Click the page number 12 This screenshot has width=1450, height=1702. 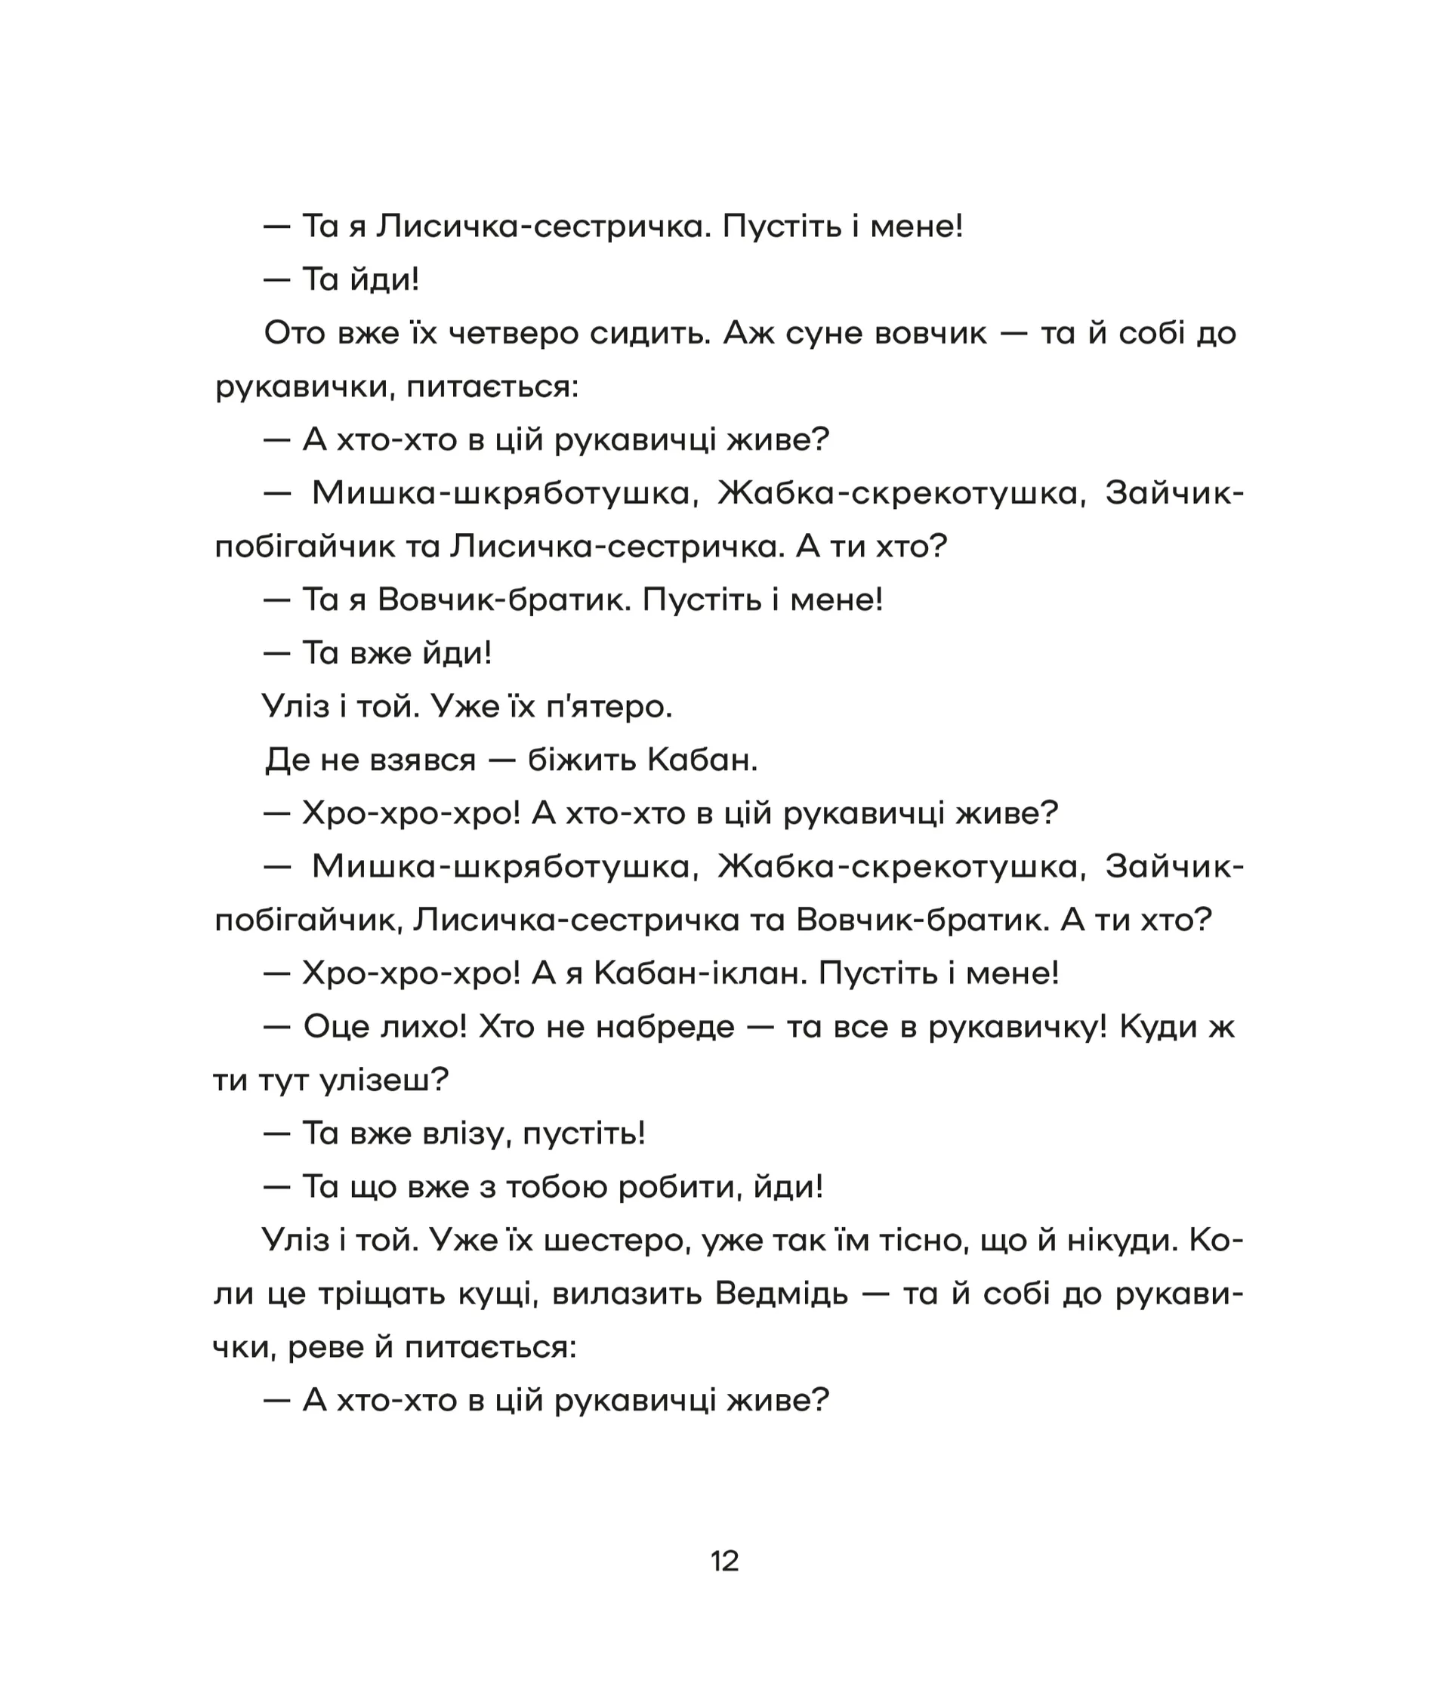tap(724, 1561)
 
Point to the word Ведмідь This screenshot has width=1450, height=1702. tap(782, 1293)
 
